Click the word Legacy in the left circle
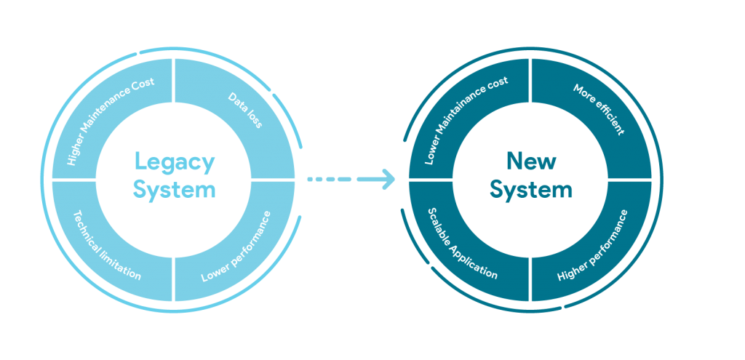point(174,162)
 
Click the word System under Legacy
point(174,191)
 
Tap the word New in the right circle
point(530,161)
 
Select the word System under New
point(530,191)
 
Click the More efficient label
point(598,110)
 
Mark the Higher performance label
point(592,247)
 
